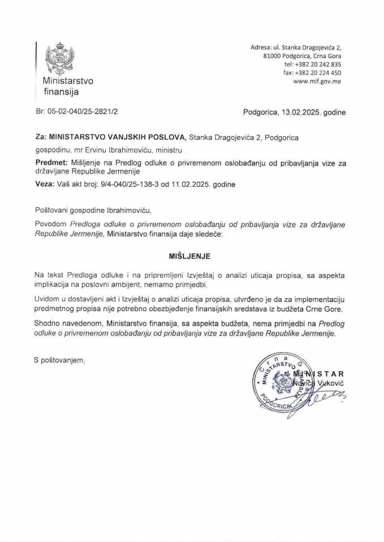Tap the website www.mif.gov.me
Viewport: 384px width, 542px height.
tap(317, 81)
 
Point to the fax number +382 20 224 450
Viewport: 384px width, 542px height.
tap(321, 73)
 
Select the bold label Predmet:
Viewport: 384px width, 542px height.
tap(50, 163)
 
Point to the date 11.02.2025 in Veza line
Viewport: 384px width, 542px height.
tap(191, 184)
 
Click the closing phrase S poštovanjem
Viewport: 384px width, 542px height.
tap(59, 359)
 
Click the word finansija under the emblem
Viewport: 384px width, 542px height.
tap(61, 91)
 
